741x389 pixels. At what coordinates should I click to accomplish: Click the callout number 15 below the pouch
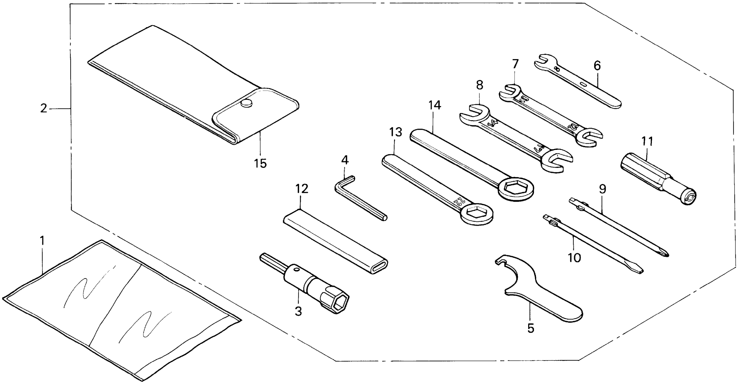(260, 164)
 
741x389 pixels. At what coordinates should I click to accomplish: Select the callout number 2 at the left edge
(43, 108)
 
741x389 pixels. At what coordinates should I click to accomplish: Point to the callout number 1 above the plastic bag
(42, 241)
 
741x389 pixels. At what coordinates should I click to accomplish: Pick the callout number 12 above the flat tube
(301, 189)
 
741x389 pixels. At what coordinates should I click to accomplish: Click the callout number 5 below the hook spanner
(531, 328)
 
